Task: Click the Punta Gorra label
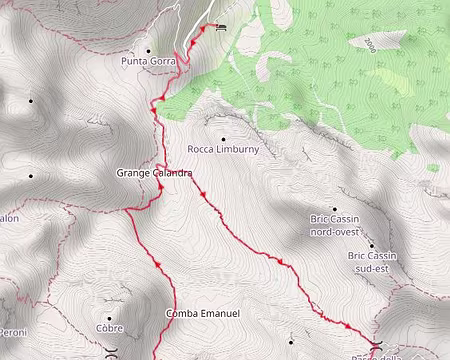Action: (148, 61)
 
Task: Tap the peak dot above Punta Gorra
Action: (149, 50)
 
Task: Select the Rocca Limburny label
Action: (223, 149)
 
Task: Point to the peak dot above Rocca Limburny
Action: (223, 138)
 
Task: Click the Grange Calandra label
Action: (154, 173)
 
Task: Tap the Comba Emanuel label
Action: (203, 314)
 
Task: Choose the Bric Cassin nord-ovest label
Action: (334, 224)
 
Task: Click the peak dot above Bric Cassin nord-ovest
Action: (334, 208)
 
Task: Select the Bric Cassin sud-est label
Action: (372, 261)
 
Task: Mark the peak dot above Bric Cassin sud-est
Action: (371, 245)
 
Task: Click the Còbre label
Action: (109, 328)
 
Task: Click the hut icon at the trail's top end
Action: (220, 26)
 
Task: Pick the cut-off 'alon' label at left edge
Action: (9, 217)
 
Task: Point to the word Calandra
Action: (172, 173)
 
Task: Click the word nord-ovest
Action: (335, 230)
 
